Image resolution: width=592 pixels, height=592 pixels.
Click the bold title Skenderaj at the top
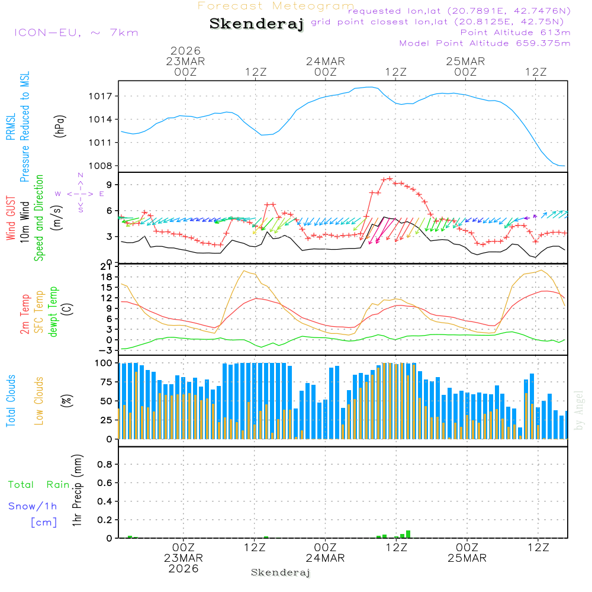click(x=256, y=24)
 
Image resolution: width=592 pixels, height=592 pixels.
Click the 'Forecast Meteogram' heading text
click(x=276, y=7)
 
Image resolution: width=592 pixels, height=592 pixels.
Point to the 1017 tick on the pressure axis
click(x=107, y=96)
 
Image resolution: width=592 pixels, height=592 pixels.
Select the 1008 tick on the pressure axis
click(x=107, y=166)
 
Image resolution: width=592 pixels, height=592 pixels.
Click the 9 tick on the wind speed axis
click(x=110, y=185)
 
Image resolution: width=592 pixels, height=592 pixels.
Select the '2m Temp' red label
click(x=25, y=311)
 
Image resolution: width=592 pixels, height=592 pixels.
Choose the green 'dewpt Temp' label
click(x=53, y=312)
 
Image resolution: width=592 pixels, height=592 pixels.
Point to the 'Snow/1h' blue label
click(x=33, y=507)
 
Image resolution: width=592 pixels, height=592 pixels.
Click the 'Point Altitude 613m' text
click(x=515, y=33)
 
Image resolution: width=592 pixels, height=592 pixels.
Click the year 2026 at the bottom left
click(x=184, y=568)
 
